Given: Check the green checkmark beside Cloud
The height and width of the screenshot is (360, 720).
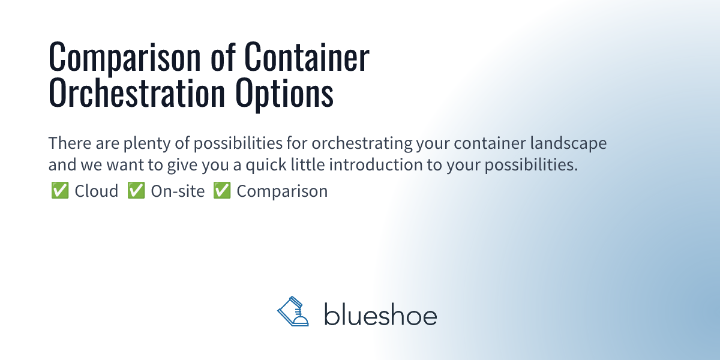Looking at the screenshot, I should click(x=59, y=191).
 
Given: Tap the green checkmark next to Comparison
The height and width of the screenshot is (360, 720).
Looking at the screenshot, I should click(x=222, y=191).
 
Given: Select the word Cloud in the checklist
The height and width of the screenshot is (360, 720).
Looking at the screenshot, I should click(x=97, y=191).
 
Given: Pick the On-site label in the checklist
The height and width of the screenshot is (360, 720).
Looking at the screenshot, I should click(x=178, y=191).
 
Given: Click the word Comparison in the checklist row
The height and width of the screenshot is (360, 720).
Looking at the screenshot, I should click(x=282, y=191).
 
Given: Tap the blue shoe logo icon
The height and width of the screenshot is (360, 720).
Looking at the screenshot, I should click(x=293, y=312).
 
